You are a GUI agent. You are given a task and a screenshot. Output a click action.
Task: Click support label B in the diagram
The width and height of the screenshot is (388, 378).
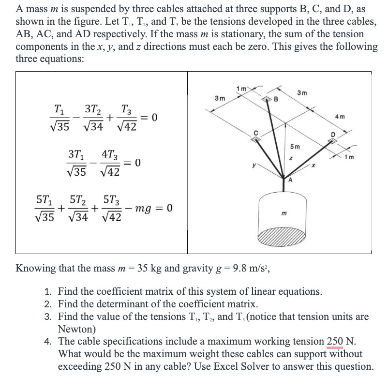tap(276, 100)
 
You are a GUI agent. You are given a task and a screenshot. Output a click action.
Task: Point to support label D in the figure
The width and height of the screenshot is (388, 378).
tap(332, 134)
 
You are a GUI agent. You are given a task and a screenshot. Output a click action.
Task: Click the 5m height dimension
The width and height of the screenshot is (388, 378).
tap(295, 147)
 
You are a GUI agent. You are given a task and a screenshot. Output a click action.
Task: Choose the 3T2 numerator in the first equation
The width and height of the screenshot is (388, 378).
tap(91, 110)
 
